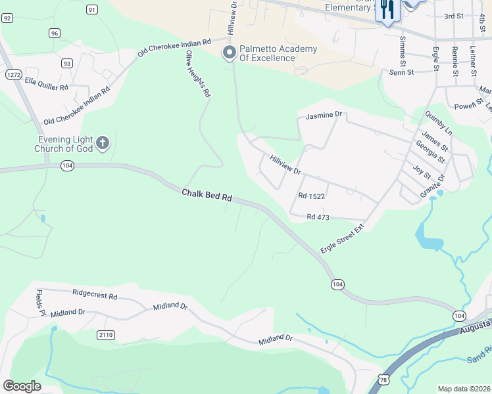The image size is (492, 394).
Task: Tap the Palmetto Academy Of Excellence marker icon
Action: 230,53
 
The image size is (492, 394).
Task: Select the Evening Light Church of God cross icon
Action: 102,142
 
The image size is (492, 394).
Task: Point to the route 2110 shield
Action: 105,335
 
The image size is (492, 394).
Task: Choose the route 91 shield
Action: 91,9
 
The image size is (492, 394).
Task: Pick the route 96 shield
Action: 54,33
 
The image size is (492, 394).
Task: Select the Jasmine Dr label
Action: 324,115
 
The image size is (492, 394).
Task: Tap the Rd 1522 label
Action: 312,196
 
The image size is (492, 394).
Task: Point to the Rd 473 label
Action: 318,217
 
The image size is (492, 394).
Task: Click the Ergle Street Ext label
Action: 341,239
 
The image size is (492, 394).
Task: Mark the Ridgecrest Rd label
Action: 95,295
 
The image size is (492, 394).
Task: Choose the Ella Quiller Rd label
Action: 47,86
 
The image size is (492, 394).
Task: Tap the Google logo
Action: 22,386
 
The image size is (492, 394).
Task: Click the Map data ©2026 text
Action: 464,389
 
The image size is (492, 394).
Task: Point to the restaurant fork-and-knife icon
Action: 387,9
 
